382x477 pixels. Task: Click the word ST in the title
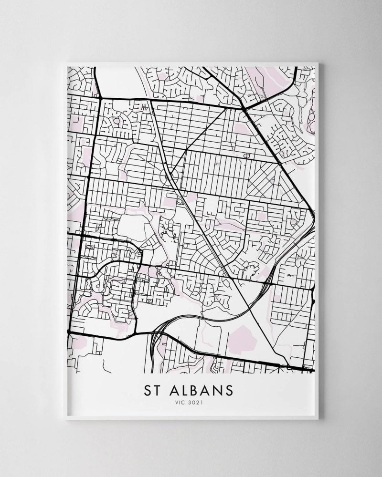point(152,390)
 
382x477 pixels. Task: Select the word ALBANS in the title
point(202,390)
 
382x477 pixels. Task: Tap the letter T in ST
point(157,390)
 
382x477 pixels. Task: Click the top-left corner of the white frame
point(64,62)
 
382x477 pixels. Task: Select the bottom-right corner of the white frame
point(318,419)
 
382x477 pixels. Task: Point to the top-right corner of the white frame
point(318,62)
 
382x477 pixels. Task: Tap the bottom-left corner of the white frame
point(64,419)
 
